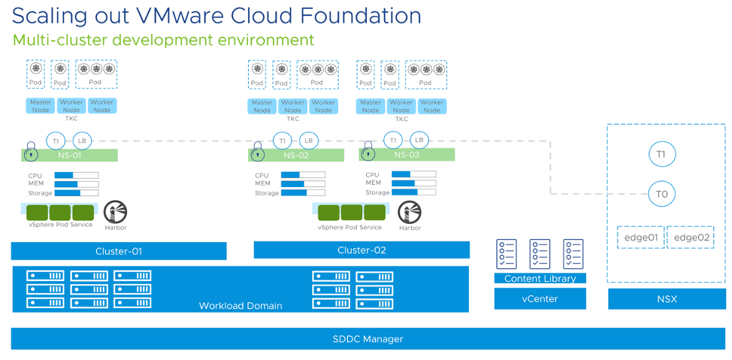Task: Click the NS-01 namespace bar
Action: [x=69, y=155]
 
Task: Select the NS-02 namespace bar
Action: [x=296, y=156]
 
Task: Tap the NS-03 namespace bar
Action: [x=407, y=154]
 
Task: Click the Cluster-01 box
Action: [x=119, y=251]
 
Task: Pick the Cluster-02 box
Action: [x=361, y=250]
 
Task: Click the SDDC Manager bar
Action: [x=368, y=339]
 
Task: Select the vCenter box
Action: [x=540, y=298]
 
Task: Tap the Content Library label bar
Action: [x=540, y=278]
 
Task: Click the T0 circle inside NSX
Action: [x=661, y=194]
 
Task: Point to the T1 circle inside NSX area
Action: [x=661, y=155]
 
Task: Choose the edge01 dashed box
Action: [x=640, y=237]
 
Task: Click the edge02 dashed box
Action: [x=691, y=237]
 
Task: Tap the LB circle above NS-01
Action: [x=81, y=141]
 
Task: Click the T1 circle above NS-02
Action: [x=282, y=141]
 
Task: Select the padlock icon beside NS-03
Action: [x=368, y=152]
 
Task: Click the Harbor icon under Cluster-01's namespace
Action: [x=116, y=212]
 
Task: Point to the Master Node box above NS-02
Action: [x=262, y=106]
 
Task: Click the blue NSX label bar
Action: [x=667, y=299]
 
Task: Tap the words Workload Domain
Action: [x=240, y=305]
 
